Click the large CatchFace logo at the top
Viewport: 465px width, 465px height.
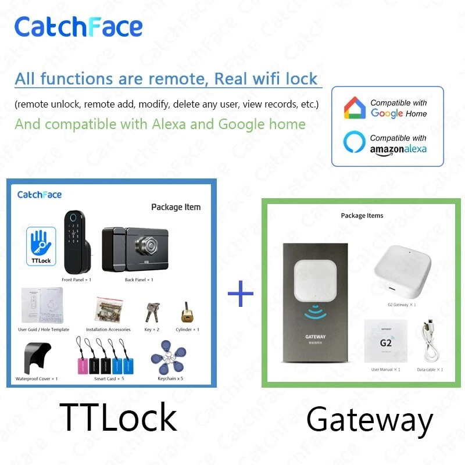coord(78,27)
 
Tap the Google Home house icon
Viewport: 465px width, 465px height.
coord(355,108)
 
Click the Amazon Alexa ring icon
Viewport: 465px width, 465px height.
coord(355,143)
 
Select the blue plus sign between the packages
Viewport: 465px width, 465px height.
coord(241,294)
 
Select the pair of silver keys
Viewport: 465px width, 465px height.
coord(152,313)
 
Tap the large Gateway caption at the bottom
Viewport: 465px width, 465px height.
coord(370,420)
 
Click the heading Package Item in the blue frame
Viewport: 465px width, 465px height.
coord(176,207)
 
